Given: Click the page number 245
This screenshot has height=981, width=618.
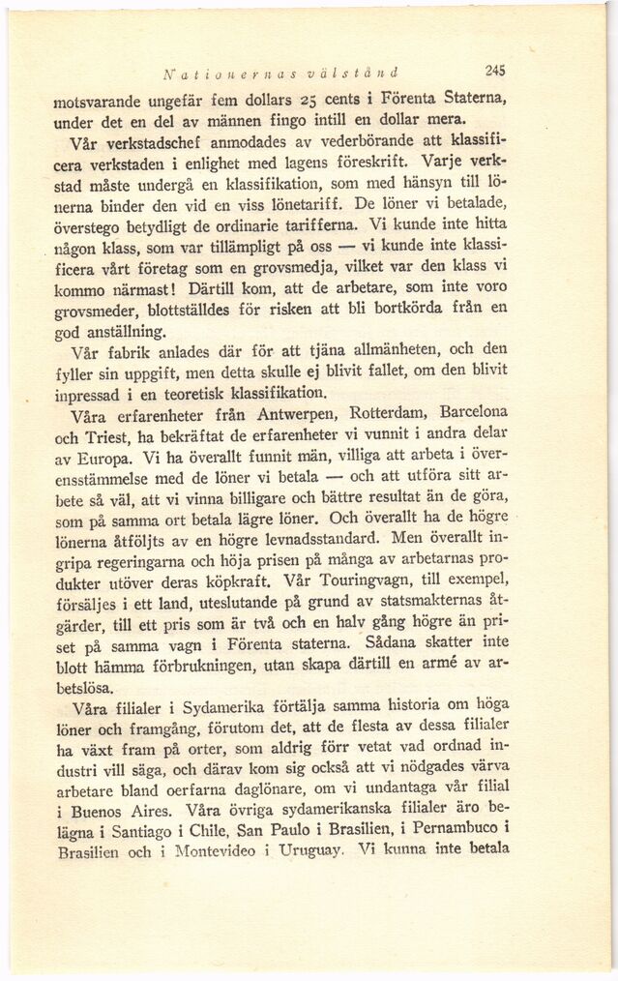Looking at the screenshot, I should pyautogui.click(x=496, y=69).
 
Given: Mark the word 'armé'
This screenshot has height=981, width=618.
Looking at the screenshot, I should pyautogui.click(x=450, y=666).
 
